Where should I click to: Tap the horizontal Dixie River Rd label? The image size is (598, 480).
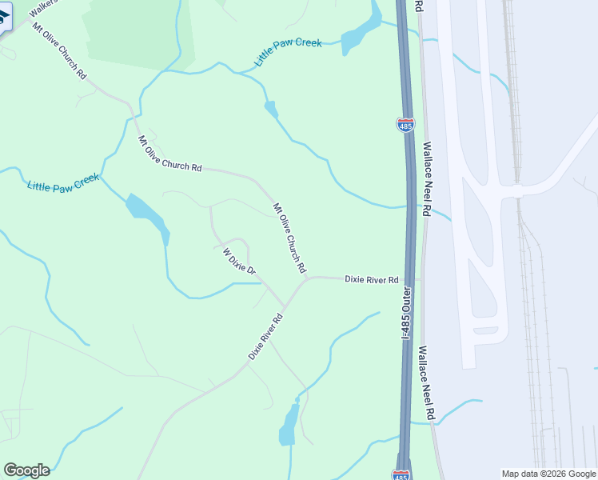point(371,280)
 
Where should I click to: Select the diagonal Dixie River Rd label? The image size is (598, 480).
point(265,336)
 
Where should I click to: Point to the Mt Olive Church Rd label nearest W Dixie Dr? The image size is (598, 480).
point(289,238)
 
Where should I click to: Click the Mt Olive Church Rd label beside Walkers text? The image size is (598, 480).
point(58,50)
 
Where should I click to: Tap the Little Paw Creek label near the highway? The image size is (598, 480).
point(287,52)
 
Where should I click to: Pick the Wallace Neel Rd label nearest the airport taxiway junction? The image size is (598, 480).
point(428,180)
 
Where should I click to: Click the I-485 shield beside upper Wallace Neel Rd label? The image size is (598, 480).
point(405,125)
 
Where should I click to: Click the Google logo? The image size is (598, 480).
point(26,470)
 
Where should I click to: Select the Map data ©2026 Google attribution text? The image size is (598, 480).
point(549,474)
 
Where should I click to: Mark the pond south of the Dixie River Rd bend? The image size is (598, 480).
point(289,425)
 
